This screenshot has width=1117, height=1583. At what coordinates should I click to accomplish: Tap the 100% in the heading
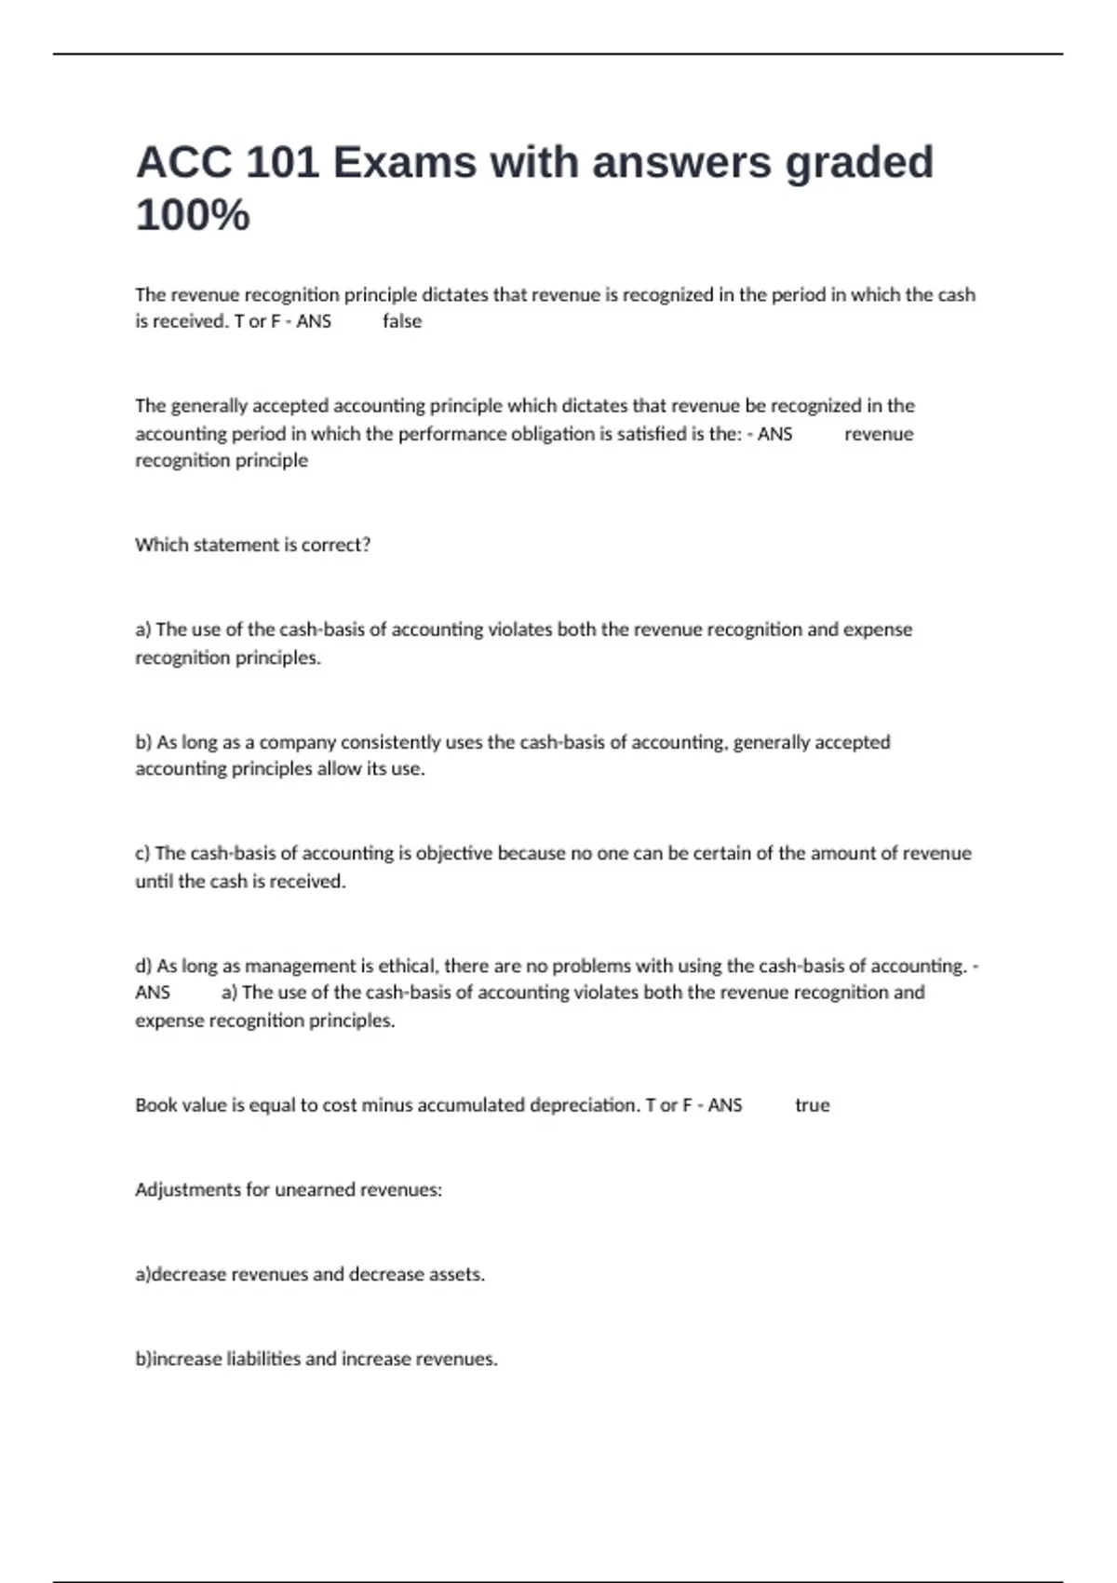pos(193,215)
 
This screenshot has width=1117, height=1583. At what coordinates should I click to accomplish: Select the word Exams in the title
pos(405,163)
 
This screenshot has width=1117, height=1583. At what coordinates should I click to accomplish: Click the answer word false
pos(402,321)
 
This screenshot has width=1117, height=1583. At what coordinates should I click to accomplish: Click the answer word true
pos(812,1105)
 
